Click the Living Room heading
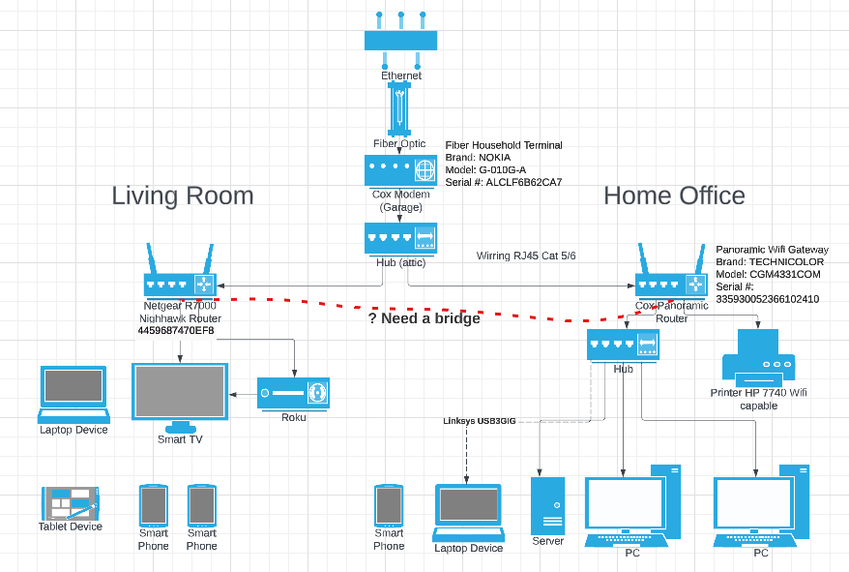182,196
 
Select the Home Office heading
674,196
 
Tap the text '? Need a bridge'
424,318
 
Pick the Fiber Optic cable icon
399,107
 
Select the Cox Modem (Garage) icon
400,170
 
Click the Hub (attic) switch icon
400,238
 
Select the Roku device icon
293,393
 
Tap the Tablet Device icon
71,503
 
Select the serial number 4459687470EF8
176,331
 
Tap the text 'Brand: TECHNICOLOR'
770,262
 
